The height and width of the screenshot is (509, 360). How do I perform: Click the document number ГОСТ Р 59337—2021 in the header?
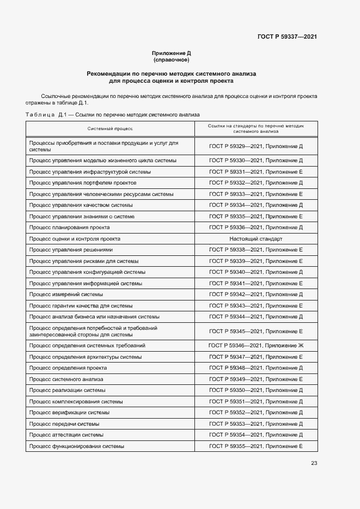click(x=287, y=37)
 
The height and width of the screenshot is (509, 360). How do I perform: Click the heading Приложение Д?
click(x=171, y=53)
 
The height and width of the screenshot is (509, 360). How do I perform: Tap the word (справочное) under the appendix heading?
click(x=171, y=59)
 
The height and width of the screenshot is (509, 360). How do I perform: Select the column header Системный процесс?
click(x=110, y=128)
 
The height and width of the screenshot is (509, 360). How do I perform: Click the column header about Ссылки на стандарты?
click(x=255, y=128)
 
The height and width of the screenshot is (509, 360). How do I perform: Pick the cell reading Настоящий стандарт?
click(x=255, y=238)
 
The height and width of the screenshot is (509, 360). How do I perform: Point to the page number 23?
click(x=314, y=463)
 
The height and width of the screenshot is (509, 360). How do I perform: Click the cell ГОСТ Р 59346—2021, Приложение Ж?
click(x=255, y=346)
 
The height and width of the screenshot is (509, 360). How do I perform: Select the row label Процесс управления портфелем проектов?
click(x=83, y=183)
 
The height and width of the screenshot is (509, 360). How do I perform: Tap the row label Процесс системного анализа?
click(x=66, y=379)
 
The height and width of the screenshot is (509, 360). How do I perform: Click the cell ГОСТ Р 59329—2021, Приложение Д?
click(x=255, y=146)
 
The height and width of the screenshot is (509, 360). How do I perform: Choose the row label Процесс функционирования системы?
click(x=76, y=446)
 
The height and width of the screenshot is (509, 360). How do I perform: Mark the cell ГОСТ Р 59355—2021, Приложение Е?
click(x=255, y=446)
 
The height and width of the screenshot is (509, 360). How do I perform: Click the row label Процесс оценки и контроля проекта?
click(x=75, y=238)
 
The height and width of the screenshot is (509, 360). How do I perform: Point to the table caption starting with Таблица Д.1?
click(x=113, y=115)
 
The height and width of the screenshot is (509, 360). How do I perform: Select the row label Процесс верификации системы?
click(x=69, y=413)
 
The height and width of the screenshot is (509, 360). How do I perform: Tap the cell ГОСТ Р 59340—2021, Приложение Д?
click(x=255, y=272)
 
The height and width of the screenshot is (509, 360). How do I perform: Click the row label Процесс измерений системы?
click(x=66, y=295)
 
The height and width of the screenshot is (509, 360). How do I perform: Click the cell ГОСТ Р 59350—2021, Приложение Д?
click(x=255, y=390)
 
